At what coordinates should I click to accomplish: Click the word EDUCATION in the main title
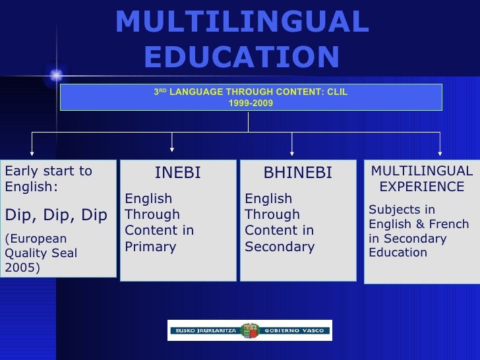coord(241,57)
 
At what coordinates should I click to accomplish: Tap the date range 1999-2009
coord(251,104)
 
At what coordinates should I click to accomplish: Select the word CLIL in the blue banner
coord(336,92)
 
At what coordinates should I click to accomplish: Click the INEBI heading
coord(177,173)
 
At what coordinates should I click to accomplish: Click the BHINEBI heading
coord(297,173)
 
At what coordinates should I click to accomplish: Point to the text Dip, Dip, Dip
coord(56,216)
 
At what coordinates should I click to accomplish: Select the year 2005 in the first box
coord(21,268)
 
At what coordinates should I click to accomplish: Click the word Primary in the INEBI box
coord(150,247)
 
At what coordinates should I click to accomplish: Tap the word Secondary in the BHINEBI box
coord(280,247)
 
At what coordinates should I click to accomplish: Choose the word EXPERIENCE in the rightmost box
coord(422,187)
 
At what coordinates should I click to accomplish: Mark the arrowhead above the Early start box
coord(32,148)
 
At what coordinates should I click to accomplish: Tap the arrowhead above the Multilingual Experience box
coord(440,148)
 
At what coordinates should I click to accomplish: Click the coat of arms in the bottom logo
coord(250,330)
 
